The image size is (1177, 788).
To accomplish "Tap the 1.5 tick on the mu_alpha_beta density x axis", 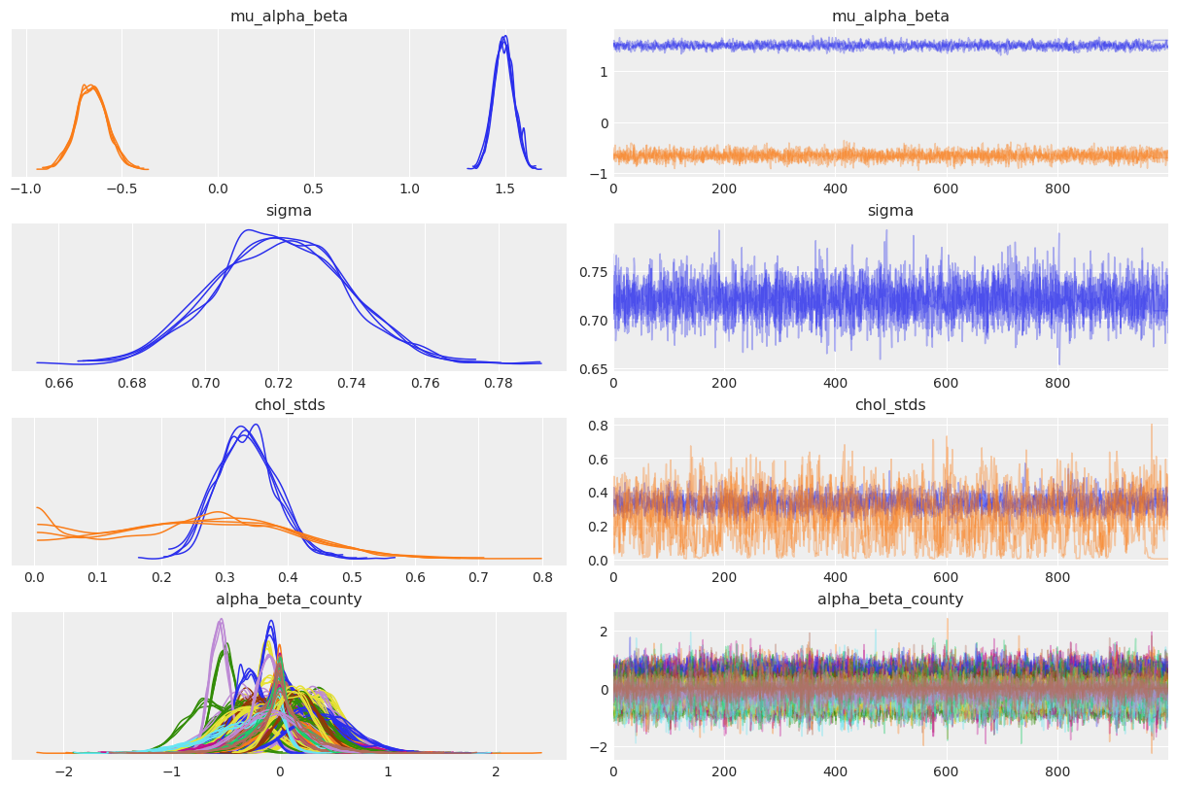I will tap(504, 188).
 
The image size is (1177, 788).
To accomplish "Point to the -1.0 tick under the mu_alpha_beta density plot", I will tap(26, 188).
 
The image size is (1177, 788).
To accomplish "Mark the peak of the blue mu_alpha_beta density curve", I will tap(503, 38).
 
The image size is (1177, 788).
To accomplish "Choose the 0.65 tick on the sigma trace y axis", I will tap(599, 369).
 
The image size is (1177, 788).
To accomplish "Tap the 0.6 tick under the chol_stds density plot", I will tap(415, 577).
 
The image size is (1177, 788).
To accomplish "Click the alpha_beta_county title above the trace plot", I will tap(890, 600).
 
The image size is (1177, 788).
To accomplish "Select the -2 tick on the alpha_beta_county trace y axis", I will tap(603, 746).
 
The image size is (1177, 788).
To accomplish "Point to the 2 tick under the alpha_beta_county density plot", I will tap(496, 771).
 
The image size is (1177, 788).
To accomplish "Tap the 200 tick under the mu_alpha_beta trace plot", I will tap(724, 188).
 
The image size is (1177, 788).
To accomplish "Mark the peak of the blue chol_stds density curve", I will tap(255, 425).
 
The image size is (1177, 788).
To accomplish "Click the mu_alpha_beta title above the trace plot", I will tap(890, 17).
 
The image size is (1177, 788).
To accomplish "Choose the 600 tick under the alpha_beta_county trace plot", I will tap(946, 771).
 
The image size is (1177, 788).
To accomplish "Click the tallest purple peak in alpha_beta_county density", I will tap(222, 620).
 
